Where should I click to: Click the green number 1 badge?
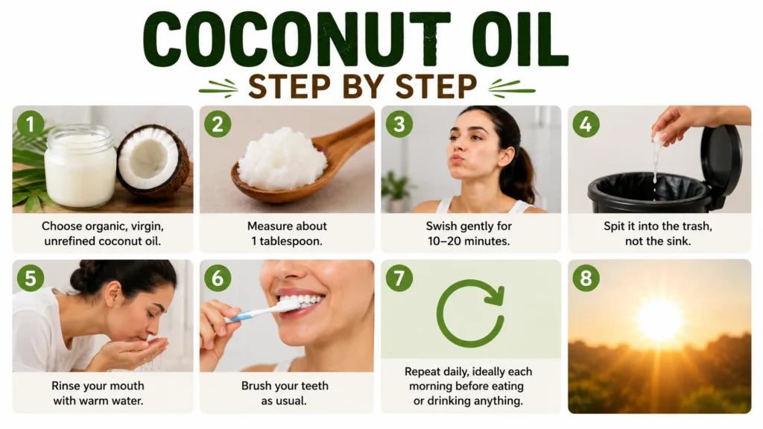tap(30, 124)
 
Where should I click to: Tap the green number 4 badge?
tap(586, 124)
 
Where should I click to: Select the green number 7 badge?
tap(399, 279)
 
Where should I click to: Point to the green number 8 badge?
tap(586, 279)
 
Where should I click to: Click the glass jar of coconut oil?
tap(80, 165)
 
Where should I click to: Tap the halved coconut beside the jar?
tap(153, 161)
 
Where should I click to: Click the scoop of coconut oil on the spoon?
tap(282, 158)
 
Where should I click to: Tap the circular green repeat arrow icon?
tap(470, 313)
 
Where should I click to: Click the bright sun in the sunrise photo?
tap(660, 320)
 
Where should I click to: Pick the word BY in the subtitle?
tap(362, 86)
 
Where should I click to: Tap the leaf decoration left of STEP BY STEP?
tap(218, 89)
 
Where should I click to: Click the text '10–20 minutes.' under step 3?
tap(469, 241)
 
